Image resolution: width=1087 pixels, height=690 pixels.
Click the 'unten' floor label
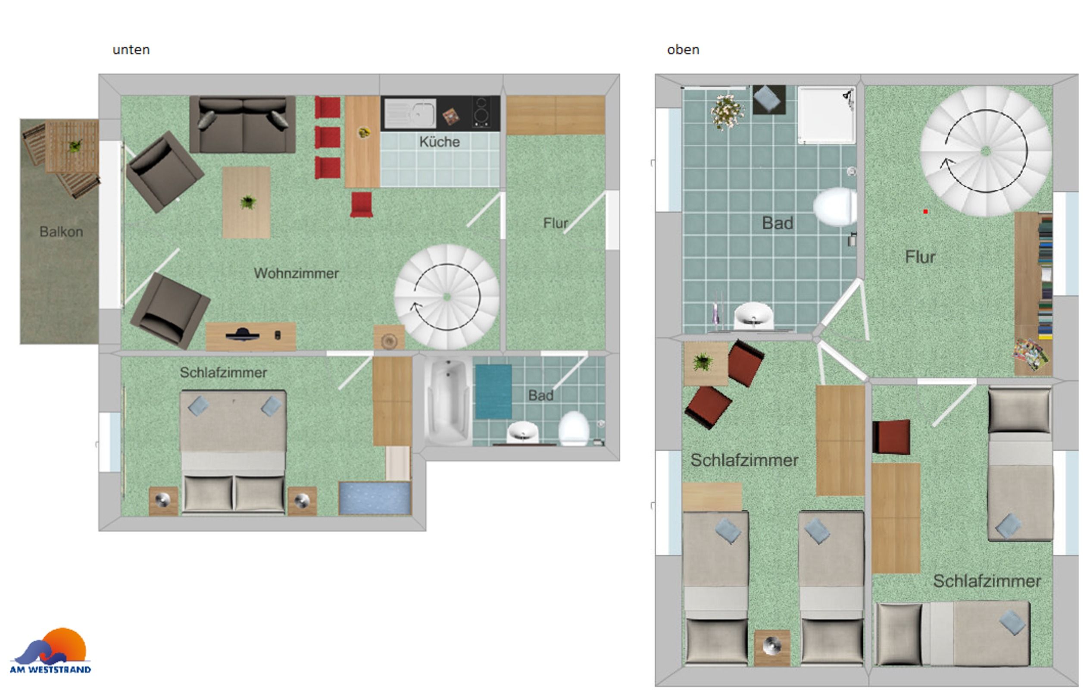(131, 49)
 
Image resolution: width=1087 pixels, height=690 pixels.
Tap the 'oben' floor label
(683, 49)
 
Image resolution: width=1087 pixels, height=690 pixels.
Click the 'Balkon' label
(61, 232)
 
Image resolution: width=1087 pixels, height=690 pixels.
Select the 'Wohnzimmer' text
(296, 273)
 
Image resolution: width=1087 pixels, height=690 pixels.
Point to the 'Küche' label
(439, 142)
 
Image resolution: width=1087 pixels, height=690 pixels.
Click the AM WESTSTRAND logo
(50, 651)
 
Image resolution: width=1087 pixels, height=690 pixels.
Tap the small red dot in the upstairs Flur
(925, 211)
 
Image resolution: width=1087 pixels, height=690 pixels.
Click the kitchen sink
(410, 113)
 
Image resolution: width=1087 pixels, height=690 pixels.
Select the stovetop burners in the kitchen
(483, 113)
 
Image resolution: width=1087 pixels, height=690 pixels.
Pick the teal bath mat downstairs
(494, 392)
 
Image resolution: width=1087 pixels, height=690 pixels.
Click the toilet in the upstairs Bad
(836, 207)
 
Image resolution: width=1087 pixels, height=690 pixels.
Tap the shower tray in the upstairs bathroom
(827, 115)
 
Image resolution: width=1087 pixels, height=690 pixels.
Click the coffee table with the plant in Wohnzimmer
(246, 202)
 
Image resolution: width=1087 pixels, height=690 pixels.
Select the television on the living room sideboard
(242, 335)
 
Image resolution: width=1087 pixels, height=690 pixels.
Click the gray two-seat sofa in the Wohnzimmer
(242, 125)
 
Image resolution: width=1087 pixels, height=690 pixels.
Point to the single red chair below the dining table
(362, 204)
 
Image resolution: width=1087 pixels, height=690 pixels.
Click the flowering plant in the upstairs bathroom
(727, 111)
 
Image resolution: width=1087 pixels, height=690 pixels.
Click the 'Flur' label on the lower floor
(555, 223)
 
